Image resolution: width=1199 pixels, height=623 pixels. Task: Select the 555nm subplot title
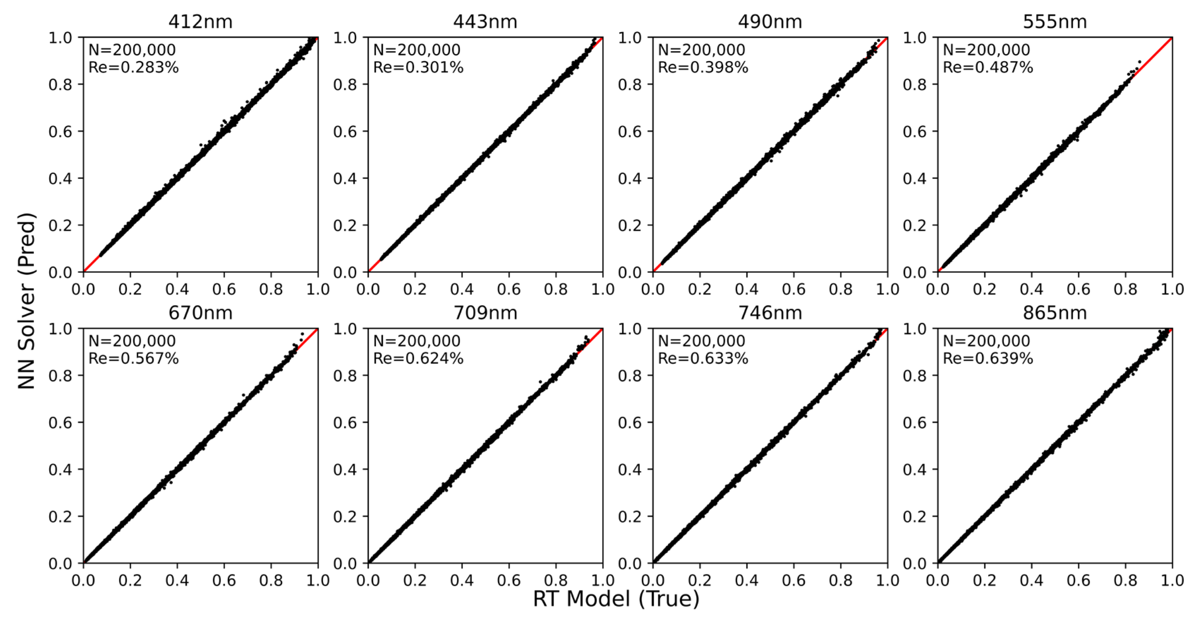tap(1054, 22)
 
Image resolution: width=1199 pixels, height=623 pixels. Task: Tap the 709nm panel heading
tap(485, 313)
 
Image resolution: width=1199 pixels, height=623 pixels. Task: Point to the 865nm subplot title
tap(1054, 313)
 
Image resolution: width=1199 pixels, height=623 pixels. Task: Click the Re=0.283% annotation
tap(134, 67)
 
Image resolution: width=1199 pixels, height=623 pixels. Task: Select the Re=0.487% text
tap(988, 67)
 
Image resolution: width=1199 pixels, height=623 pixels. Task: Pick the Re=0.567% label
tap(134, 359)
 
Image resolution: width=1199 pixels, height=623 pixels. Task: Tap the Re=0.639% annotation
tap(988, 359)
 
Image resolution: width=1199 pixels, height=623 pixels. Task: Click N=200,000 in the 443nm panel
tap(417, 50)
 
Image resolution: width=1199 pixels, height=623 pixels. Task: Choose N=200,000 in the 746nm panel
tap(701, 341)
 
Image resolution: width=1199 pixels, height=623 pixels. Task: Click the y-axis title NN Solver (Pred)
tap(26, 301)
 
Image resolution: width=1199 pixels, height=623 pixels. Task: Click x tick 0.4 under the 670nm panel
tap(177, 581)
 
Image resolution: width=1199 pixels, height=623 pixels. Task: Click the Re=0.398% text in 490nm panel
tap(703, 67)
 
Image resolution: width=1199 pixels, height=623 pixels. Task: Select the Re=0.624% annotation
tap(418, 359)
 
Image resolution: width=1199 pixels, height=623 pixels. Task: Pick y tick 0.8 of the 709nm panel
tap(345, 376)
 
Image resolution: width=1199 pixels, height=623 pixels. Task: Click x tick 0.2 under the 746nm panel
tap(700, 581)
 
